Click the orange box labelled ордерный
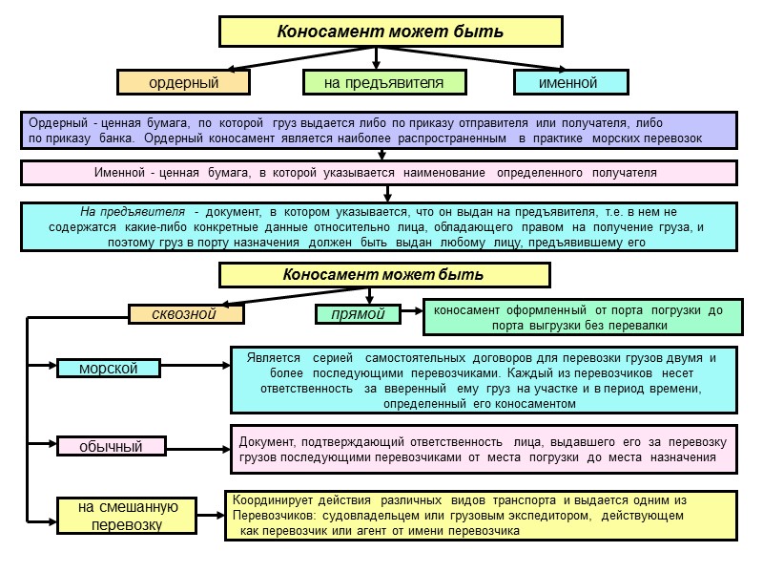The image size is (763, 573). coord(183,83)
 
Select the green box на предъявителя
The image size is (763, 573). coord(384,83)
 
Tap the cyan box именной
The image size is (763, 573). coord(569,83)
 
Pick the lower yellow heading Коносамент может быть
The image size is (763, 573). coord(384,275)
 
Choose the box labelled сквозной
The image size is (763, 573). coord(187,312)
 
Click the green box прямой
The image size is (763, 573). coord(357,312)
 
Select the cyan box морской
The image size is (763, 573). coord(109,368)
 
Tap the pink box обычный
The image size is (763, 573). coord(111,446)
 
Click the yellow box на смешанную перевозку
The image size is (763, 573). coord(113,516)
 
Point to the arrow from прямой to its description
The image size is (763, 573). coord(410,312)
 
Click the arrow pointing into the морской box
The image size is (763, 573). coord(42,365)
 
